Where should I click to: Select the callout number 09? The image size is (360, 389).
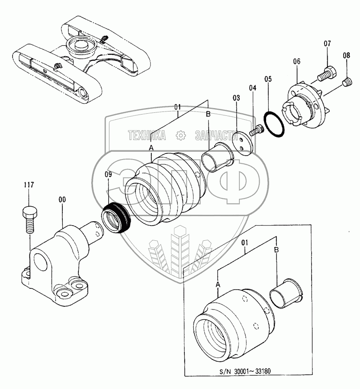point(107,175)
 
